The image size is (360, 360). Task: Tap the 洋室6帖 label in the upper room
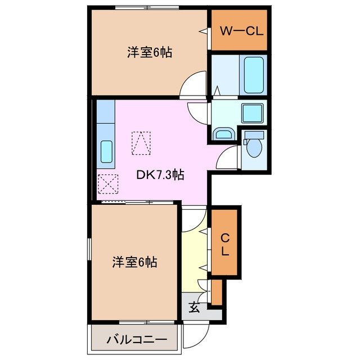click(x=148, y=53)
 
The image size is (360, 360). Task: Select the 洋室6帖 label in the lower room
click(x=134, y=262)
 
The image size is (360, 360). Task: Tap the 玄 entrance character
click(x=193, y=307)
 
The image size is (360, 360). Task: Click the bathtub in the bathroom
click(x=253, y=74)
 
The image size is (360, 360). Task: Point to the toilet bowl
click(x=254, y=149)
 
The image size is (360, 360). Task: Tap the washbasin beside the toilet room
click(x=223, y=134)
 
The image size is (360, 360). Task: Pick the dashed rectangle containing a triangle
click(x=141, y=143)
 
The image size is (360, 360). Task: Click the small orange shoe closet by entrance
click(x=216, y=291)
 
